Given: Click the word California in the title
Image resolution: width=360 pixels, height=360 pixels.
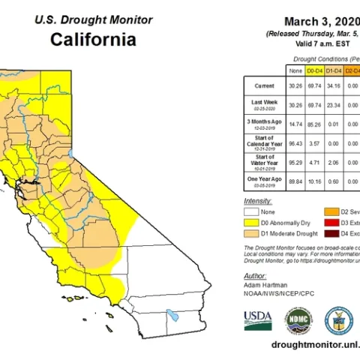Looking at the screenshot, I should (x=93, y=39).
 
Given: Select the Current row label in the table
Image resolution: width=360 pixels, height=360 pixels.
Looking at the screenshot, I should (x=264, y=86).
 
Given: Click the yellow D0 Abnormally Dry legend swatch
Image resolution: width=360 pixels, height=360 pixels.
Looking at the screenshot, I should (x=253, y=223).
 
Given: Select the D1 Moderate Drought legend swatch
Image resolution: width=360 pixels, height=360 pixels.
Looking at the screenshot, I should (x=253, y=233).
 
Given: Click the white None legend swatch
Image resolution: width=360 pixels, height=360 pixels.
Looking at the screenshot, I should (x=253, y=212).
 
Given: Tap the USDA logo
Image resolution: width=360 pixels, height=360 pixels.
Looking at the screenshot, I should (x=258, y=320).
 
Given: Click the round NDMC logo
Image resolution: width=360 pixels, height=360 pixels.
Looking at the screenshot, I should (x=298, y=320).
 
